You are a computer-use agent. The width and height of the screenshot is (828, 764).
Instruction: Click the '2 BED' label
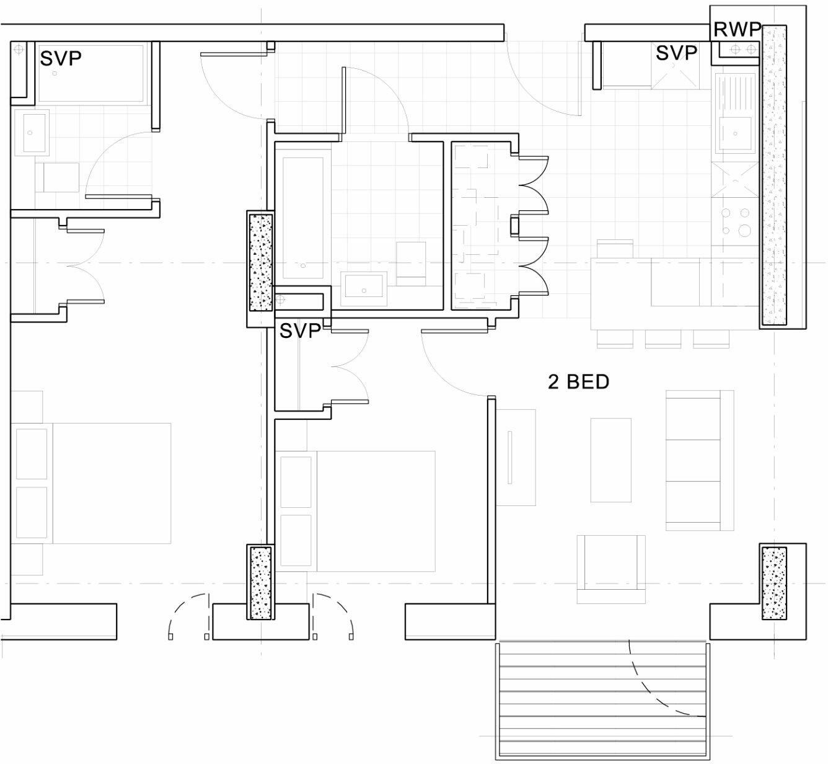coord(578,382)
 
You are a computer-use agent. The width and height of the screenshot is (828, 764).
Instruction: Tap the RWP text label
coord(737,30)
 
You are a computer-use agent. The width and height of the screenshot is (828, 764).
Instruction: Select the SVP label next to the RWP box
coord(676,53)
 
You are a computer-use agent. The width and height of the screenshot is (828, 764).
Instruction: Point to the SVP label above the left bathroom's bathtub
coord(61,59)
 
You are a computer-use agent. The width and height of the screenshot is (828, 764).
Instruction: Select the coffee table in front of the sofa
coord(610,460)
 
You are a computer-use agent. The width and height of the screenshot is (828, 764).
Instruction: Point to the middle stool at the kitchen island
coord(663,339)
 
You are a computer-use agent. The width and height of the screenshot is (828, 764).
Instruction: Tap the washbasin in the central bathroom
coord(364,289)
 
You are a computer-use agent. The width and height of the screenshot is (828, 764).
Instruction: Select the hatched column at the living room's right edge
coord(773,582)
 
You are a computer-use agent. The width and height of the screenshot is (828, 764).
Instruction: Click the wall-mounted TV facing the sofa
coord(509,456)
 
